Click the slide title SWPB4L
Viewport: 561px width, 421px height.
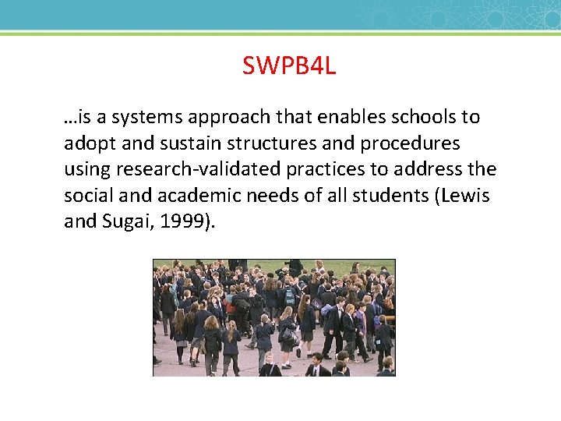[x=288, y=66]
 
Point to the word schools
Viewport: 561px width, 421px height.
[x=417, y=118]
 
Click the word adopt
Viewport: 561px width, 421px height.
[x=86, y=144]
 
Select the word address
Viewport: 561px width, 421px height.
[x=439, y=170]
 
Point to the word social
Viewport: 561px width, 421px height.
[x=87, y=196]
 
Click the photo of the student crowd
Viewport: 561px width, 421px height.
[x=273, y=317]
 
